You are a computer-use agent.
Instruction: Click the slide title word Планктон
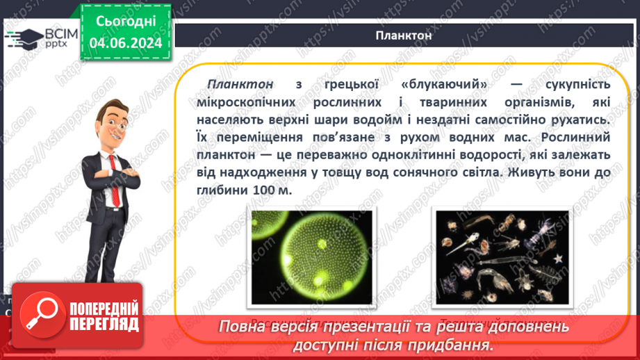(x=404, y=36)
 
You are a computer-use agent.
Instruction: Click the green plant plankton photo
(x=311, y=258)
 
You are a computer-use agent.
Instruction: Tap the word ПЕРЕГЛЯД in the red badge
(x=104, y=325)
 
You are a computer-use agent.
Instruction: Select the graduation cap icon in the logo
(x=22, y=37)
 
